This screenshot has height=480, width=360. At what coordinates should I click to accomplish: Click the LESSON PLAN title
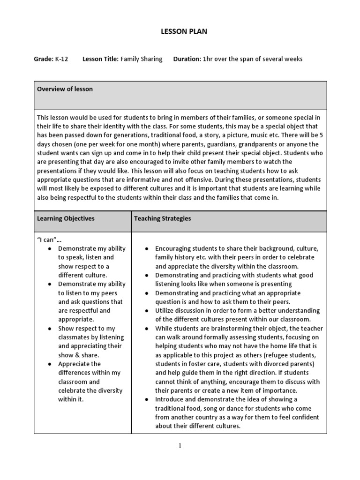(x=180, y=31)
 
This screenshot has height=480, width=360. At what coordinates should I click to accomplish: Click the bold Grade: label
(x=43, y=59)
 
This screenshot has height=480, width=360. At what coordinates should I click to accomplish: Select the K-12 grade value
(x=61, y=59)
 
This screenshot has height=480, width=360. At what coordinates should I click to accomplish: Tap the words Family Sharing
(x=142, y=59)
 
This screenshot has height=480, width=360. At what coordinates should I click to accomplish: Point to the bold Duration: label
(x=187, y=59)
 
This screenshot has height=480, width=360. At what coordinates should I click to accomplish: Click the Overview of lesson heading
(x=65, y=89)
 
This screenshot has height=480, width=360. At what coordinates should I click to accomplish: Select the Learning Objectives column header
(x=66, y=218)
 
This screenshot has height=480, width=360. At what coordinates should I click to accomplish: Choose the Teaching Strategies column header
(x=162, y=218)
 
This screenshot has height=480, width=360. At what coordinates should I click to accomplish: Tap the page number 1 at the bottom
(x=180, y=446)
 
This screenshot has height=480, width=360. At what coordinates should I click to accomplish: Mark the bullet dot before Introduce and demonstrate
(x=147, y=400)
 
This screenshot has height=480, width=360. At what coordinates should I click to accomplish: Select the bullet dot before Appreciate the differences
(x=50, y=364)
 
